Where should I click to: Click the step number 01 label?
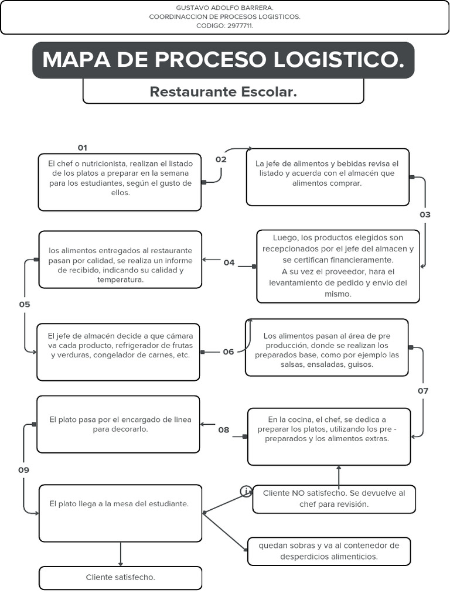(82, 148)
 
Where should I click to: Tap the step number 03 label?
(425, 214)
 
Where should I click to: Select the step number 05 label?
(24, 304)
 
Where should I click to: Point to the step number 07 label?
(423, 390)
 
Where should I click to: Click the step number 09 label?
(23, 470)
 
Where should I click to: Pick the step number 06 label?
(229, 352)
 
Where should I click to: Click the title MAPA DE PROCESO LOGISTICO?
(223, 60)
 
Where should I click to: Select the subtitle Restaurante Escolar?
(223, 92)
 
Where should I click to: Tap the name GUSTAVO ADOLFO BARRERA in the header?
(224, 8)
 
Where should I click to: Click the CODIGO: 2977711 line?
(224, 26)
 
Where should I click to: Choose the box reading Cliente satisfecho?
(120, 578)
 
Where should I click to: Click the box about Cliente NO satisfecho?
(333, 499)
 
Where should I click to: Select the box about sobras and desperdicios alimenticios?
(329, 551)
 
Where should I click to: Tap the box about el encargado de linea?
(118, 424)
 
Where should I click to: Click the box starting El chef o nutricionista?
(120, 182)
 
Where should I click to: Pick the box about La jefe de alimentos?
(328, 177)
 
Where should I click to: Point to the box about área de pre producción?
(326, 347)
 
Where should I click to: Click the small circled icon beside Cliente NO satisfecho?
(247, 491)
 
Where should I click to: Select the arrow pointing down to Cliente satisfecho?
(121, 554)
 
